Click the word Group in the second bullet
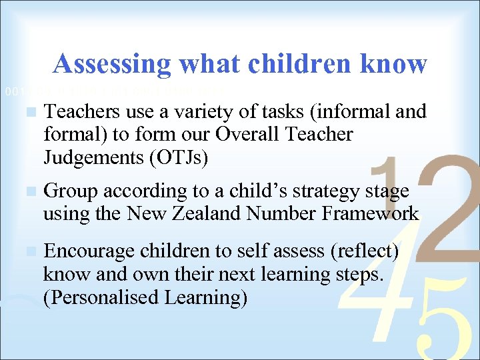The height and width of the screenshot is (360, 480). pyautogui.click(x=70, y=191)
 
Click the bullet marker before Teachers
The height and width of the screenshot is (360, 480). pyautogui.click(x=27, y=113)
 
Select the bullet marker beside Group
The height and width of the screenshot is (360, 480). pyautogui.click(x=27, y=192)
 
